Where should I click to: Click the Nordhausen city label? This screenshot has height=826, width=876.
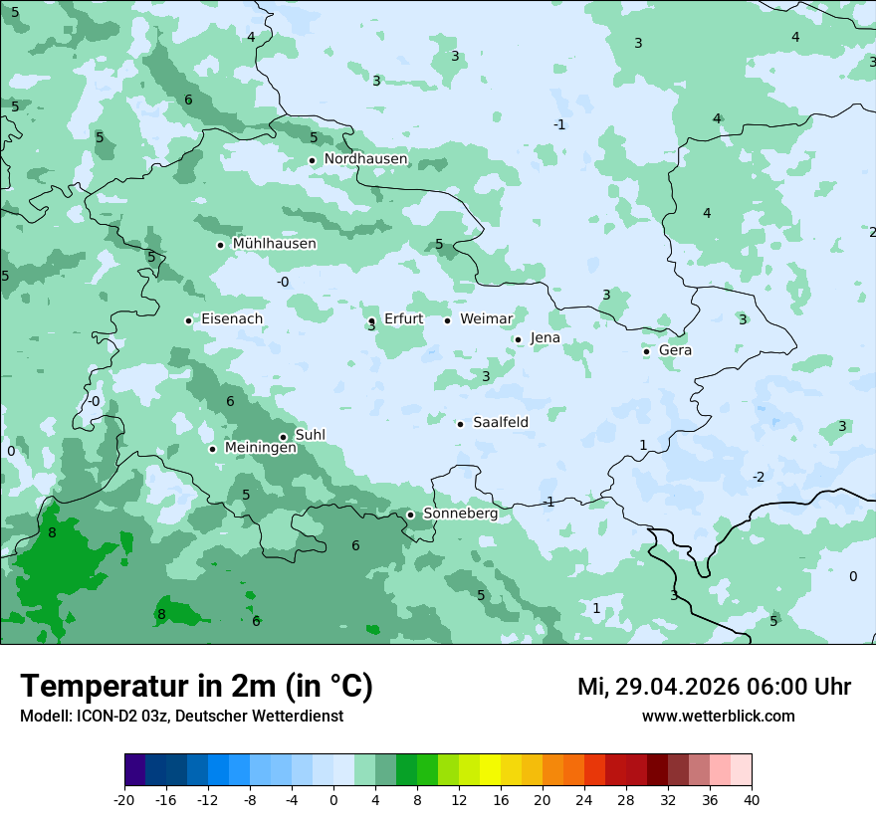point(365,159)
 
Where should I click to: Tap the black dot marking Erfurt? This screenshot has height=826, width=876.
point(371,320)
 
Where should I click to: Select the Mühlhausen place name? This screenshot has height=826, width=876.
point(274,244)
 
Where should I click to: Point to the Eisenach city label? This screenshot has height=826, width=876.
point(232,319)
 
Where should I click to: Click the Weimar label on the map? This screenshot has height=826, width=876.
point(486,319)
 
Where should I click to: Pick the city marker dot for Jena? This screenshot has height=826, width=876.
point(518,339)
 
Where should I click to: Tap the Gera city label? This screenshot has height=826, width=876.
point(675,350)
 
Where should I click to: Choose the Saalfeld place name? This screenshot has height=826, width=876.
point(501,423)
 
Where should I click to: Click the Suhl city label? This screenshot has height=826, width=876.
point(311,436)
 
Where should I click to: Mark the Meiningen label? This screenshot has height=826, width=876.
point(260,449)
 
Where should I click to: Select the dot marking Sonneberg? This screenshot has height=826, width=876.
point(410,515)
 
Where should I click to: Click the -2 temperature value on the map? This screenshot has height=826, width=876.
point(759,478)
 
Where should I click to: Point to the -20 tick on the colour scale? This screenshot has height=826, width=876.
point(124,799)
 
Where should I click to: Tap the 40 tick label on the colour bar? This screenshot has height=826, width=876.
point(751,799)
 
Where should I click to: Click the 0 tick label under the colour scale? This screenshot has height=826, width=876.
point(333,799)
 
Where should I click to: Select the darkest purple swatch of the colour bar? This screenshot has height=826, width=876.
point(134,770)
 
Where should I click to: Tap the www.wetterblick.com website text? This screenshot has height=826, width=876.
point(718,717)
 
